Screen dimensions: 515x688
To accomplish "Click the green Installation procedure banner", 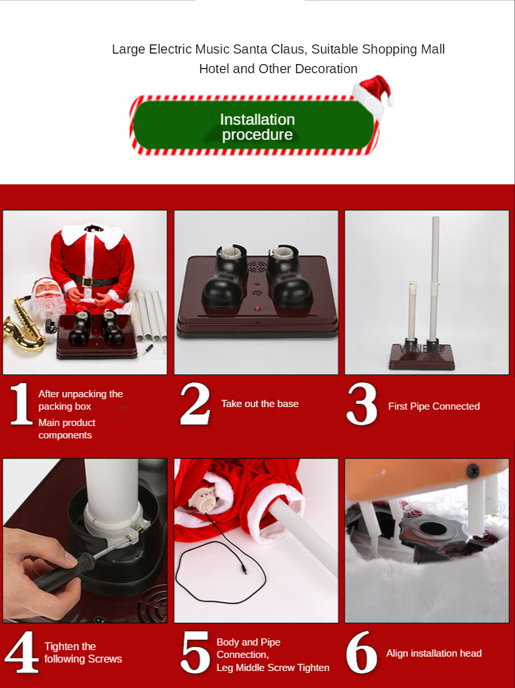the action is tap(253, 125).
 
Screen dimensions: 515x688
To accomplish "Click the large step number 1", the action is tap(22, 404).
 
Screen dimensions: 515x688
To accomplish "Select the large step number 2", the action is tap(195, 404).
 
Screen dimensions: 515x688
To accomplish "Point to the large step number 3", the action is tap(362, 404).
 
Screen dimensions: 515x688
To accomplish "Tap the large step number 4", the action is tap(22, 652).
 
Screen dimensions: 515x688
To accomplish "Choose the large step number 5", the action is tap(195, 653).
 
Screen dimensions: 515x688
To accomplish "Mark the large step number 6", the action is tap(362, 653).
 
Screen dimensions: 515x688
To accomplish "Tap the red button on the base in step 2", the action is tap(257, 308).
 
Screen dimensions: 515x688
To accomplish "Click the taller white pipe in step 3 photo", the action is tap(434, 278).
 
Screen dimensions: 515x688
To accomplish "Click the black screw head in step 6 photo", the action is tap(473, 471).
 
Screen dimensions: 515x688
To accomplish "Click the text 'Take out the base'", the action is tap(260, 404).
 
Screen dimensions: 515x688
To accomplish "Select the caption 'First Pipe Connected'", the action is tap(434, 406).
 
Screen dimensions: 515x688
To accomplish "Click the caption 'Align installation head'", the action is tap(434, 653).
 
